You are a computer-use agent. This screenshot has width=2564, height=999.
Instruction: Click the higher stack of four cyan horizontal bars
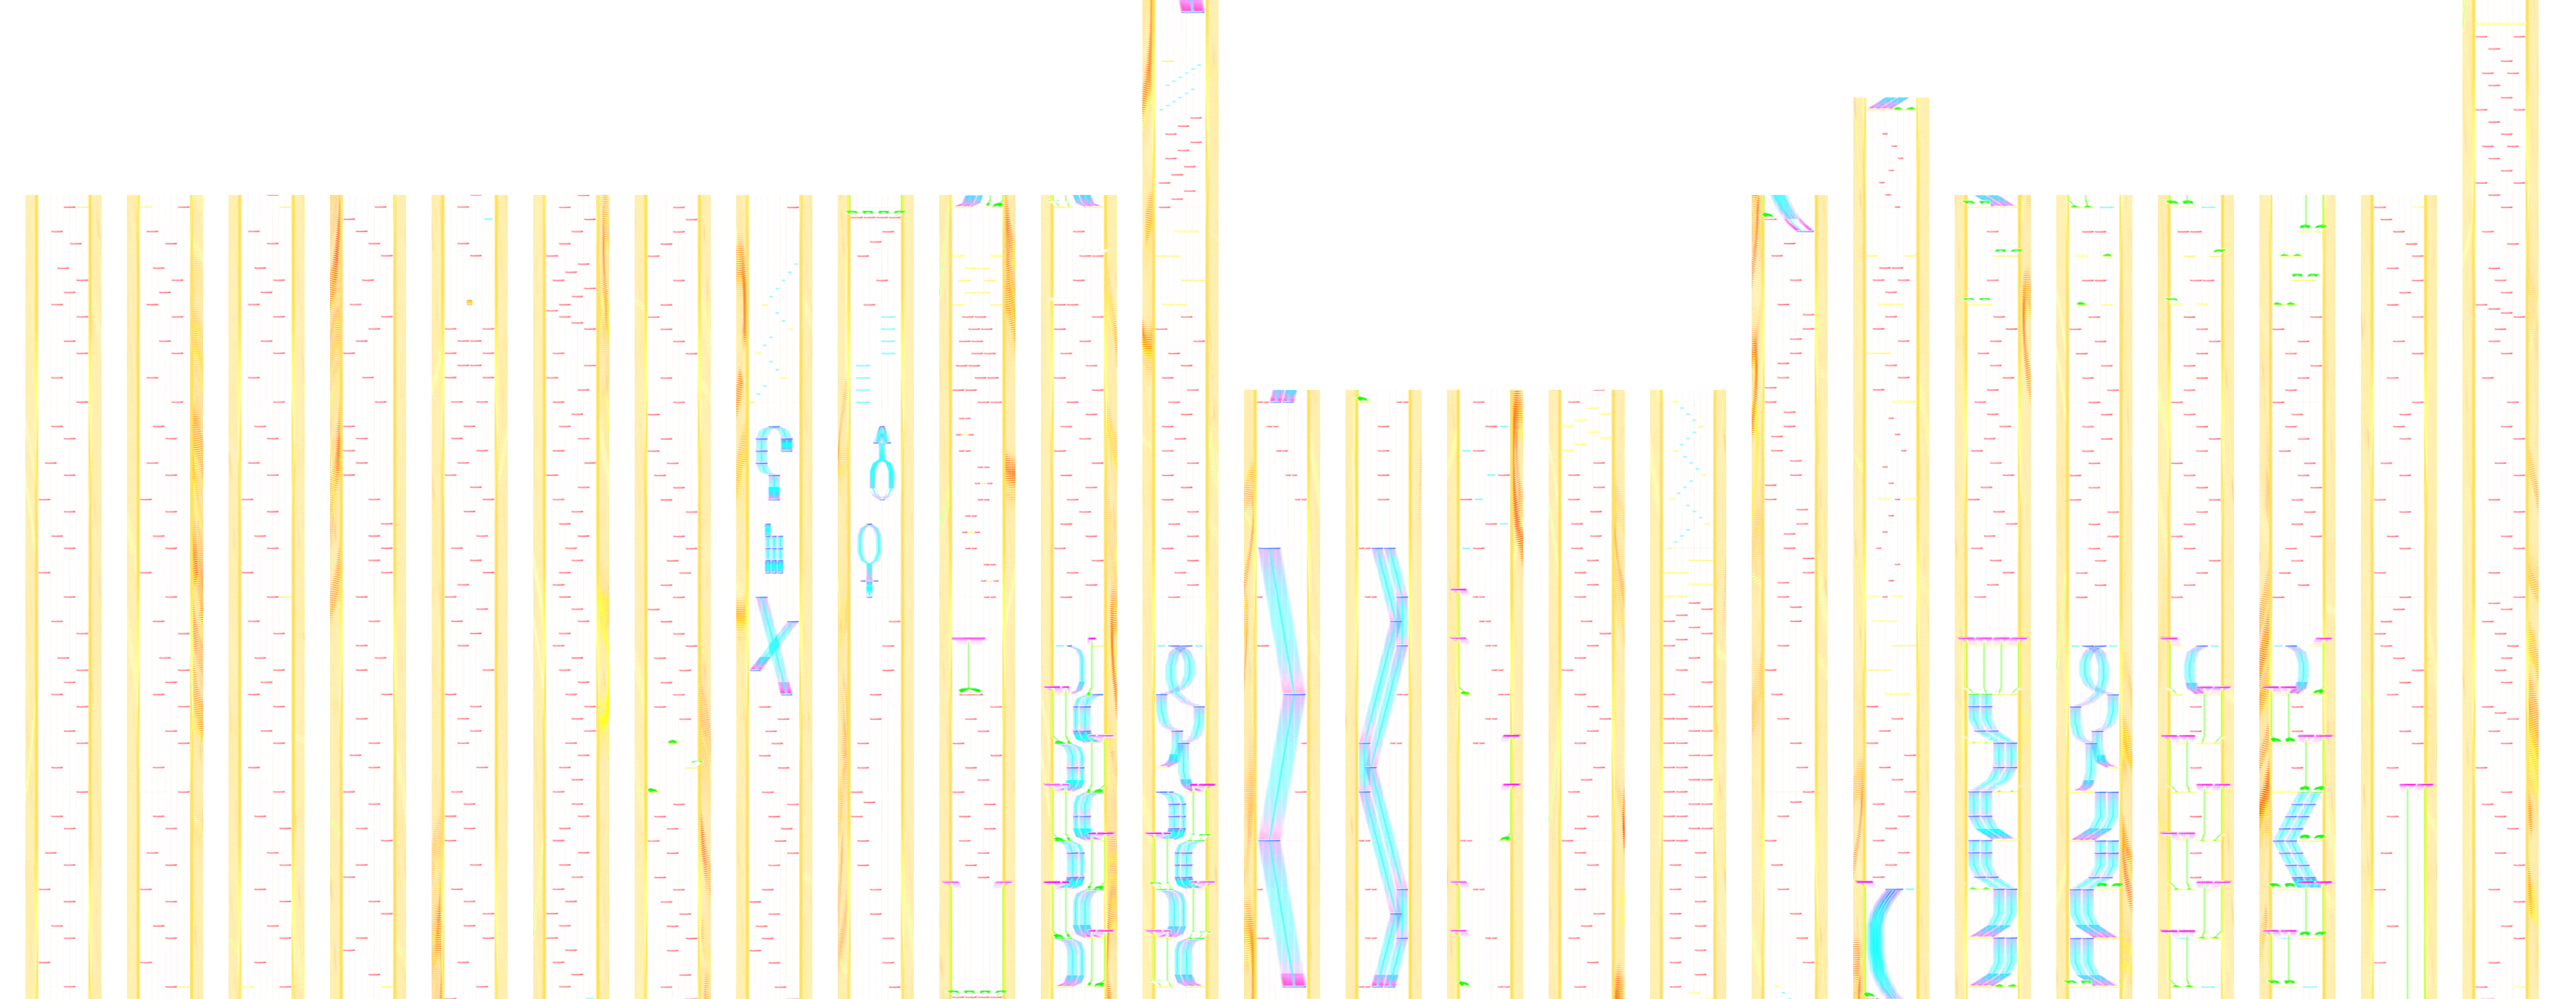point(887,335)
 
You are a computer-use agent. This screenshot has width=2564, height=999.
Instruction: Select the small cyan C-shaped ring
point(2195,667)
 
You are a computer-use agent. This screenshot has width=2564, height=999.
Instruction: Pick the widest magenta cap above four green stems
point(1993,639)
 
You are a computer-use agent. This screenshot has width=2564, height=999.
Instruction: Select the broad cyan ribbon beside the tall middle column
point(1282,766)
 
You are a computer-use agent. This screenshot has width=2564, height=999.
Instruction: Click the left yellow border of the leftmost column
point(31,597)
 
